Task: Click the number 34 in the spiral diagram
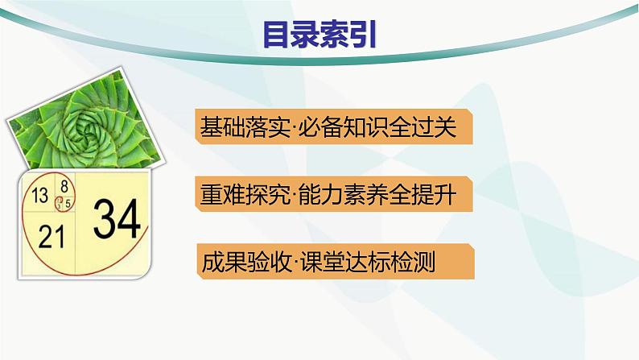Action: [116, 217]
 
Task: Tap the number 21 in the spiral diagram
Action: [51, 236]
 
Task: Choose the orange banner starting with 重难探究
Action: [332, 195]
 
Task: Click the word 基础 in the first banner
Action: [222, 127]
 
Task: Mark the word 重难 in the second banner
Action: [222, 195]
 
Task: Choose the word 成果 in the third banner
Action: [222, 263]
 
